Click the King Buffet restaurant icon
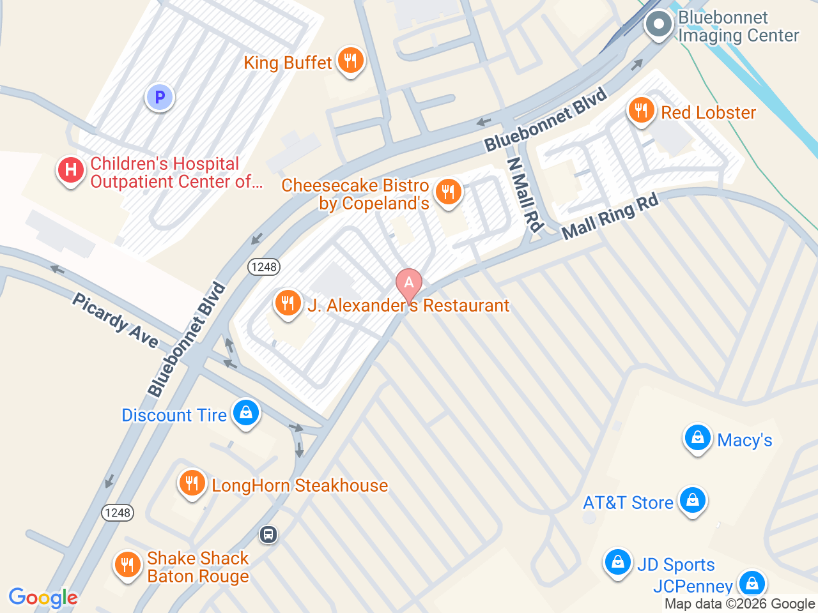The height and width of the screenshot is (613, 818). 350,61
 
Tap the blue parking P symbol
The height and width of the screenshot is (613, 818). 160,98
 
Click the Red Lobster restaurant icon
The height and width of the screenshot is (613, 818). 640,111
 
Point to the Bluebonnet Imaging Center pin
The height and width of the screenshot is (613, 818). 659,26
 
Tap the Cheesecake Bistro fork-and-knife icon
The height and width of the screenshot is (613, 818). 448,192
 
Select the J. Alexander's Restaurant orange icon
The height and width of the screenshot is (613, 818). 288,303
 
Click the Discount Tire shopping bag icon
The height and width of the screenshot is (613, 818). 246,413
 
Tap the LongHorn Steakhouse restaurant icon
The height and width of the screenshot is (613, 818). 192,483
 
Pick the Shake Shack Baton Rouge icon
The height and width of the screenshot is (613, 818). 128,565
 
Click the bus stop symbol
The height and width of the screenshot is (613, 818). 268,534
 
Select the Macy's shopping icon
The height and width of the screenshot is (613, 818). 698,439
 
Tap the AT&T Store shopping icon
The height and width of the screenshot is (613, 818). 693,501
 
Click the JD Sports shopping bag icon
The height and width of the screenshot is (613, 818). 618,563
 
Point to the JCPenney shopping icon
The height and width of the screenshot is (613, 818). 752,584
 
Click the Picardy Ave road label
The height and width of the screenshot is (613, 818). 115,321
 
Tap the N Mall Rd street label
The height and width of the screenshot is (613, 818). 525,194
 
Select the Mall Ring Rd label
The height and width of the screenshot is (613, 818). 610,217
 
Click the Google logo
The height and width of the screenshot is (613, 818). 43,598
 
